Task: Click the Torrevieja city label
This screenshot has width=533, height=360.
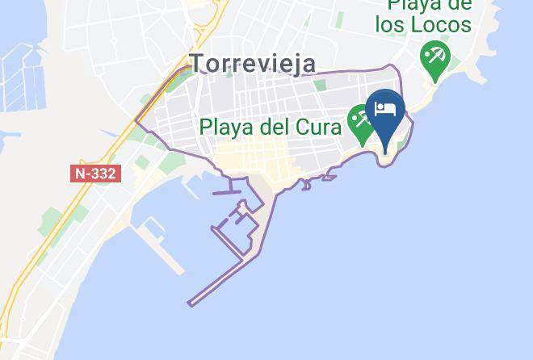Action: (x=252, y=63)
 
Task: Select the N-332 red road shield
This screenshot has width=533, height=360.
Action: (x=95, y=174)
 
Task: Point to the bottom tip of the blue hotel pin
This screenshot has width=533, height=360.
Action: (x=385, y=152)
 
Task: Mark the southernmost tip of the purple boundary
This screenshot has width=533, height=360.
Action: (x=191, y=304)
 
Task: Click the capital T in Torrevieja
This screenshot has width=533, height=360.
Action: (x=198, y=63)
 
